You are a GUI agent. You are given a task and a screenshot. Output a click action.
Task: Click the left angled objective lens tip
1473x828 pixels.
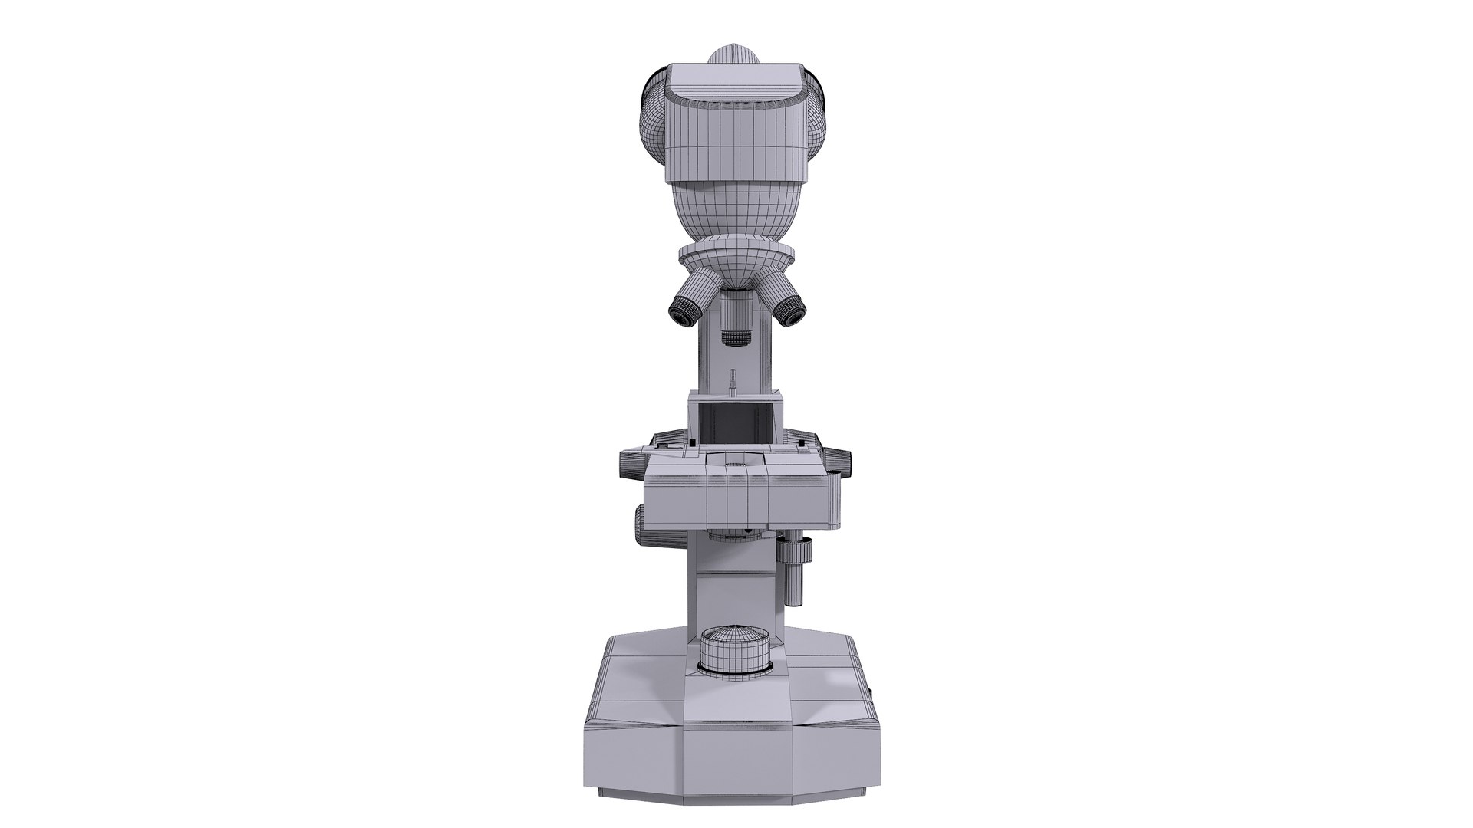click(x=681, y=310)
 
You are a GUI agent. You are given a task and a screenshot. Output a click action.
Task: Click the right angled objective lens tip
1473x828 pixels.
click(x=792, y=310)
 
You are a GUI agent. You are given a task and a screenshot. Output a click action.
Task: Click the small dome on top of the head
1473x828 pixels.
click(x=734, y=55)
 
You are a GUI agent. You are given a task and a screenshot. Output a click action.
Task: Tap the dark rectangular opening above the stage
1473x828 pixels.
click(x=736, y=424)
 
